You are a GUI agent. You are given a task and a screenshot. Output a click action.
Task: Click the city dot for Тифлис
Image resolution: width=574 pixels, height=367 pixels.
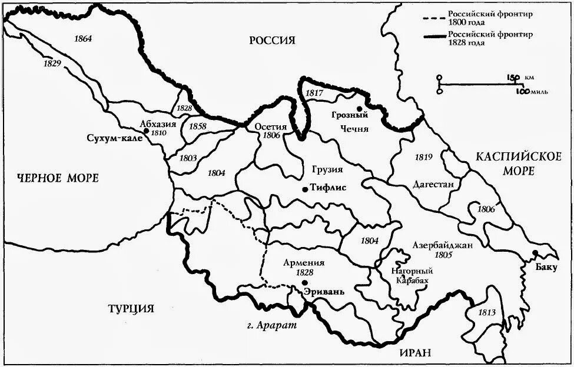[304, 189]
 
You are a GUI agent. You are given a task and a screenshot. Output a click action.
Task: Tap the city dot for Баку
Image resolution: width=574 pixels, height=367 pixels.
[535, 253]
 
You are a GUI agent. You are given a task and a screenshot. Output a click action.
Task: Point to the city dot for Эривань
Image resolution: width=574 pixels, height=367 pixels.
[305, 283]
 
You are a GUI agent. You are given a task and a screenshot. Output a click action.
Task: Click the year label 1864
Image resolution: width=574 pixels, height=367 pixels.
[84, 39]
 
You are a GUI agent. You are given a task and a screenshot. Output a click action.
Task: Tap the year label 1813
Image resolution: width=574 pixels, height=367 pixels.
[487, 312]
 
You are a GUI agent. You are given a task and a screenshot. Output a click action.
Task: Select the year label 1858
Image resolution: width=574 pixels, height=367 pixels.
[198, 126]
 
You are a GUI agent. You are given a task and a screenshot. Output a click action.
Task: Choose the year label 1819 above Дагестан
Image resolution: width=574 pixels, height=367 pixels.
[423, 157]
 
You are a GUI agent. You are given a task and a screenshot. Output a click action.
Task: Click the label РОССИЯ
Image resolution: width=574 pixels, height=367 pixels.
[271, 41]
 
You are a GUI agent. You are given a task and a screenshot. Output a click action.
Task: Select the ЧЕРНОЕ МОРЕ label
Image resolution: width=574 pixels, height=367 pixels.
[58, 178]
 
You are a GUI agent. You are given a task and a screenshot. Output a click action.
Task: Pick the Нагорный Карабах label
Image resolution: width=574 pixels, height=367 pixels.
[412, 276]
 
